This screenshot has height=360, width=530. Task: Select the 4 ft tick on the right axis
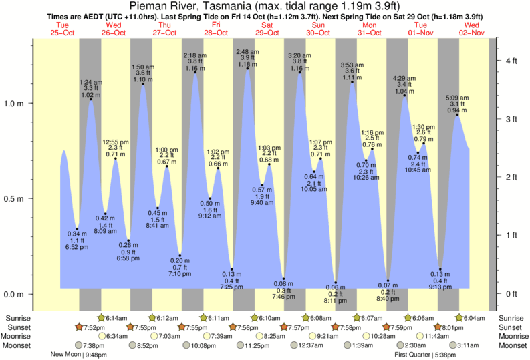(x=512, y=61)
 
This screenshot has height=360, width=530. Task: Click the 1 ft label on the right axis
(x=512, y=235)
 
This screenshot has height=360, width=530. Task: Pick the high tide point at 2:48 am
(x=248, y=68)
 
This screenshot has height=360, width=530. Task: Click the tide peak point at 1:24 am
(x=91, y=99)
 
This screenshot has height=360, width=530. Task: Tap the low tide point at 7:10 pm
(x=180, y=256)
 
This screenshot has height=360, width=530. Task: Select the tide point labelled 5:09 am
(x=457, y=115)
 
